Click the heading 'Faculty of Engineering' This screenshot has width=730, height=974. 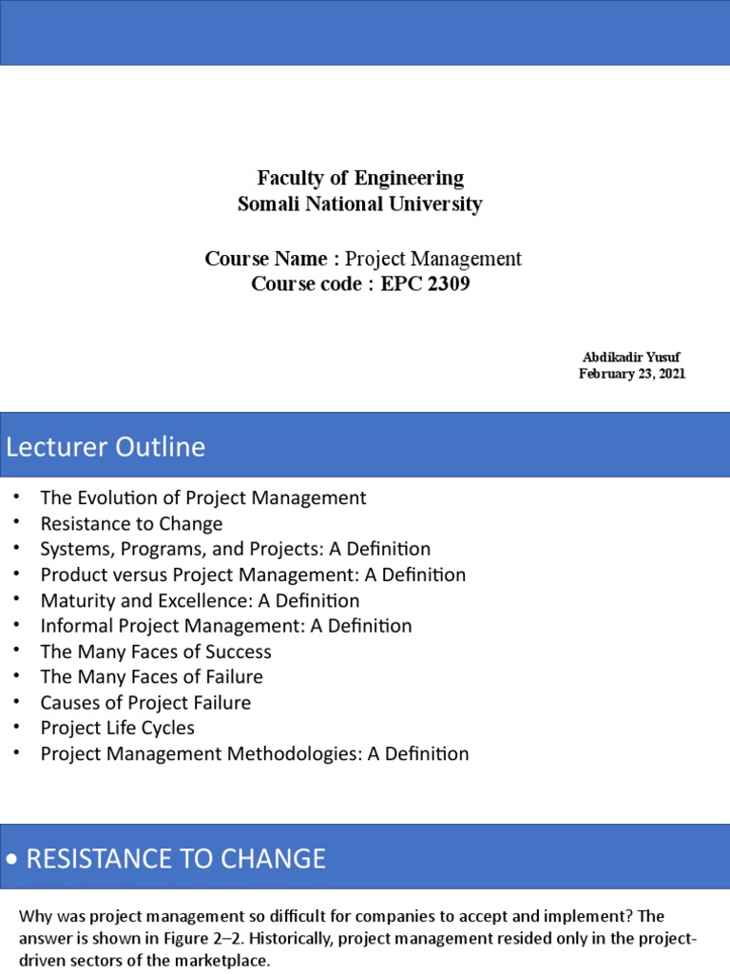point(360,178)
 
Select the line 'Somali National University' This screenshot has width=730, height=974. point(360,204)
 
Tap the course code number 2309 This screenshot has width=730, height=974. point(444,283)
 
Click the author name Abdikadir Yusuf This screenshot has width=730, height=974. point(631,357)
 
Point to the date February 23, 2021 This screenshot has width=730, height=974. point(632,374)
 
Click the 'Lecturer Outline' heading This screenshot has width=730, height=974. point(106,446)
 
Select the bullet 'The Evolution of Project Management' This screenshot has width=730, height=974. point(202,497)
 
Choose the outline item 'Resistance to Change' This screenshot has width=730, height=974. point(131,523)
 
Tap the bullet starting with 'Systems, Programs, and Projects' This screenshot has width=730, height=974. point(235,549)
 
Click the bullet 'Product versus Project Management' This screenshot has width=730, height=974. point(253,575)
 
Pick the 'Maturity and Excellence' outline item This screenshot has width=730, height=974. point(200,600)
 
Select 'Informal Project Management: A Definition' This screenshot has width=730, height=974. point(226,626)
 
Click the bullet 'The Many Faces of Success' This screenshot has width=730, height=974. point(156,652)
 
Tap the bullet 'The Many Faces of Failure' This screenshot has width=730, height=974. point(151,677)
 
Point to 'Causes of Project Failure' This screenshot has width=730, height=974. point(145,703)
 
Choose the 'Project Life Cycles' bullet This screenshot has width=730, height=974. point(117,728)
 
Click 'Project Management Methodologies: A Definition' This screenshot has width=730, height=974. point(255,753)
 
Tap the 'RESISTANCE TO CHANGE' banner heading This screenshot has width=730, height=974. point(175,859)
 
